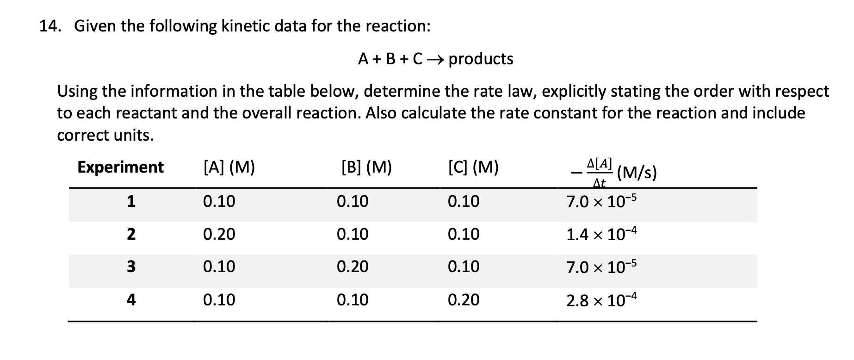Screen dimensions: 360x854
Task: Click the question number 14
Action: pyautogui.click(x=50, y=26)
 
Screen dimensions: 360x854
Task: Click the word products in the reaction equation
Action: pyautogui.click(x=481, y=59)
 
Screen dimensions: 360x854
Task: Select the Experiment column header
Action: pyautogui.click(x=120, y=167)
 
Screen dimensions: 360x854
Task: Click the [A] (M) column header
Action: pyautogui.click(x=229, y=167)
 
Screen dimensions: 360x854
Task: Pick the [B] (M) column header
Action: pyautogui.click(x=366, y=167)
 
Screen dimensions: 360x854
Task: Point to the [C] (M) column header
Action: pyautogui.click(x=473, y=167)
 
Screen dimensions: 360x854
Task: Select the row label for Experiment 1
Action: pyautogui.click(x=131, y=201)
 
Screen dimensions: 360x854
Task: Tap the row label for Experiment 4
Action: pyautogui.click(x=131, y=300)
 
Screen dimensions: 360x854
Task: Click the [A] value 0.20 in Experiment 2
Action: pyautogui.click(x=219, y=234)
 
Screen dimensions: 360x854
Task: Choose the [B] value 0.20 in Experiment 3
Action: pyautogui.click(x=353, y=267)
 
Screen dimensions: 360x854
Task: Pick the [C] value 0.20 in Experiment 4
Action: pyautogui.click(x=464, y=300)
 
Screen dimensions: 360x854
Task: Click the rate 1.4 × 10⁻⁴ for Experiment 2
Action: pyautogui.click(x=601, y=235)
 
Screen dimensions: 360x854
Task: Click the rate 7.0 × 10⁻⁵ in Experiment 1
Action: pyautogui.click(x=601, y=202)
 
